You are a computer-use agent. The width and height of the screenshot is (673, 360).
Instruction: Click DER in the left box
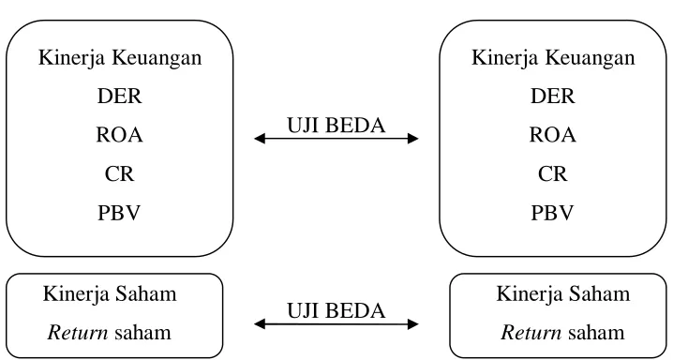click(119, 96)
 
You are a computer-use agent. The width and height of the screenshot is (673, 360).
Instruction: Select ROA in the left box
click(119, 135)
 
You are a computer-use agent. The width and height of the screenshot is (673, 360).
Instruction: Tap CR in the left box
click(119, 173)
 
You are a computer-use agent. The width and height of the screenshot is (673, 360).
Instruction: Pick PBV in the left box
click(119, 213)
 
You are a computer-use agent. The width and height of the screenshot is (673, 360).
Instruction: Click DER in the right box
click(553, 96)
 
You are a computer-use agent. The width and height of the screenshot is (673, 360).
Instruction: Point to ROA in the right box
click(553, 135)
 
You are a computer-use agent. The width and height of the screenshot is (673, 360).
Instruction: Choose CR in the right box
click(553, 173)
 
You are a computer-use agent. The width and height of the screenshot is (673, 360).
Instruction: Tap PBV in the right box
click(553, 213)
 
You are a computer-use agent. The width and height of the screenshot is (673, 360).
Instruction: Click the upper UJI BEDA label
click(336, 126)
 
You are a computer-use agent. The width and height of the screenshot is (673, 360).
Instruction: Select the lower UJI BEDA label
click(336, 310)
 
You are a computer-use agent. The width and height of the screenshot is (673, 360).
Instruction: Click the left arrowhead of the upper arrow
click(259, 139)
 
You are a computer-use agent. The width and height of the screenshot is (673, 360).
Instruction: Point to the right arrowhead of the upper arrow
click(413, 139)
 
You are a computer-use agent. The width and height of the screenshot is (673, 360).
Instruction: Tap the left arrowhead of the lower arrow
click(259, 324)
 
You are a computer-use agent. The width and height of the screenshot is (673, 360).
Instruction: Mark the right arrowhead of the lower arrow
click(413, 324)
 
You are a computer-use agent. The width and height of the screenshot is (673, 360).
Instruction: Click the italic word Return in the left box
click(78, 333)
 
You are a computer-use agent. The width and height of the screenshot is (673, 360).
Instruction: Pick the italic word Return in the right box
click(531, 333)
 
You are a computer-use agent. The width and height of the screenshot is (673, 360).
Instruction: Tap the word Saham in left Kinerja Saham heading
click(146, 294)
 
